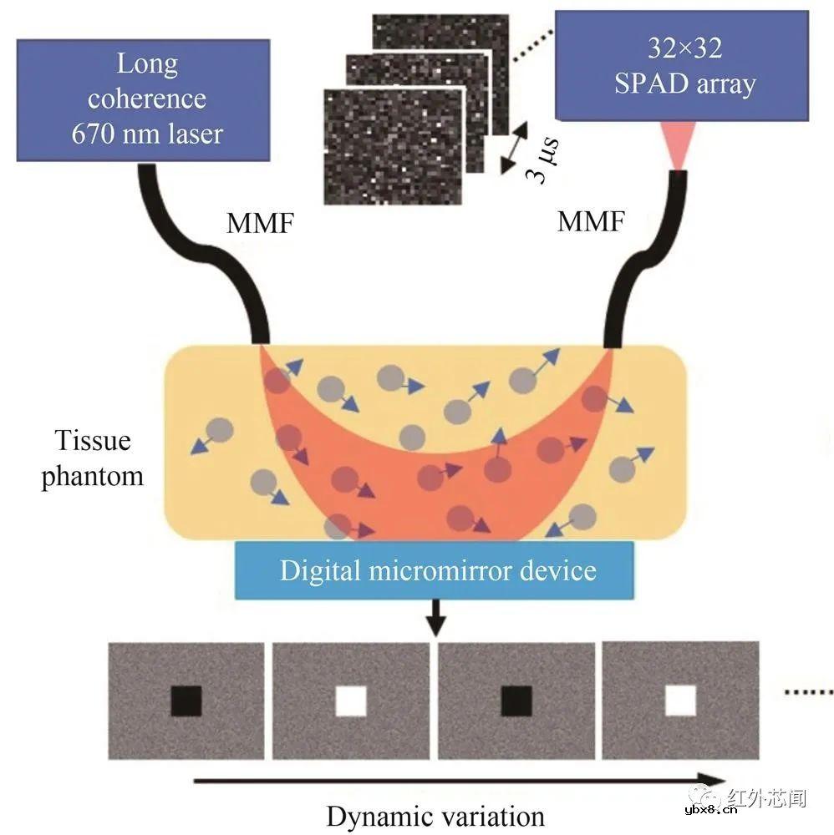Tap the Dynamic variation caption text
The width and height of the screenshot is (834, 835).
point(435,815)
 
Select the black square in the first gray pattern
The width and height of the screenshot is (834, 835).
point(186,701)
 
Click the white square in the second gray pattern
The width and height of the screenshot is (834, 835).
point(351,701)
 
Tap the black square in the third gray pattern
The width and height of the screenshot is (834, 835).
point(516,701)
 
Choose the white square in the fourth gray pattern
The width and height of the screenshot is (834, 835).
point(681,701)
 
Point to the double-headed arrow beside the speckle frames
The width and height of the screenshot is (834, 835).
point(519,147)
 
